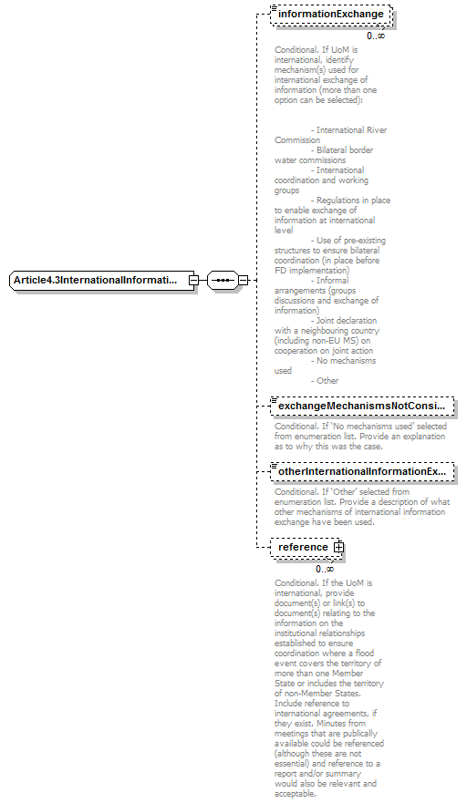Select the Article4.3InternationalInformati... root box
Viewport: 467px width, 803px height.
coord(100,280)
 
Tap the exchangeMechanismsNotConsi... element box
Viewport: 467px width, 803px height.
coord(363,405)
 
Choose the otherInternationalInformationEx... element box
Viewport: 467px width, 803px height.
coord(363,471)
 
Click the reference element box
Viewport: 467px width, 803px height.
coord(304,547)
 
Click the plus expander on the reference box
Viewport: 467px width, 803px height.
coord(338,547)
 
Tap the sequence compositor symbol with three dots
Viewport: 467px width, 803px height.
coord(222,280)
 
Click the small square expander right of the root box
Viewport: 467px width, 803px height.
coord(193,280)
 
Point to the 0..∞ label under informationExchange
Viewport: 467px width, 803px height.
coord(376,36)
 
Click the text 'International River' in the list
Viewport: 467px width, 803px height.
coord(352,130)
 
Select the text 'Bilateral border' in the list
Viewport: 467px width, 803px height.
coord(345,150)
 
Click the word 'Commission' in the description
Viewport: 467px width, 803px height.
coord(297,140)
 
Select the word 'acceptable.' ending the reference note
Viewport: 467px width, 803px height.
coord(296,793)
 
